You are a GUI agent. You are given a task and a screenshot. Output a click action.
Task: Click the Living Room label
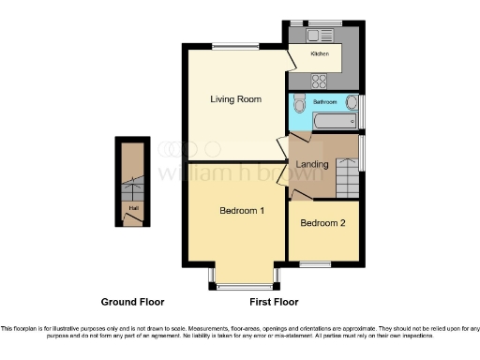click(235, 98)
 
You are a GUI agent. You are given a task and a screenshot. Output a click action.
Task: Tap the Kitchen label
click(320, 54)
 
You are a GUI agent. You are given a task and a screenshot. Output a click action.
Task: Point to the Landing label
click(311, 165)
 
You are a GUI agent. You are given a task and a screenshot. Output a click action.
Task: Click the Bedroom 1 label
click(241, 211)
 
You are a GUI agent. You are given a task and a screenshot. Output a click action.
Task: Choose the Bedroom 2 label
click(322, 223)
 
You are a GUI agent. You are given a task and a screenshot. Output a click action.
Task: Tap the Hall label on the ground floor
click(133, 208)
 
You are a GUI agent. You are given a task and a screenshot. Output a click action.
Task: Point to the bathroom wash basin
click(352, 102)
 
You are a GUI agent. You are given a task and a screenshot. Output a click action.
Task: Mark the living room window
click(235, 45)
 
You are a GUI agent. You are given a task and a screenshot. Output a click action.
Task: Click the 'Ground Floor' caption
click(132, 303)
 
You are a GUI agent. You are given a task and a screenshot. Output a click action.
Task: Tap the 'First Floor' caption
click(274, 303)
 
